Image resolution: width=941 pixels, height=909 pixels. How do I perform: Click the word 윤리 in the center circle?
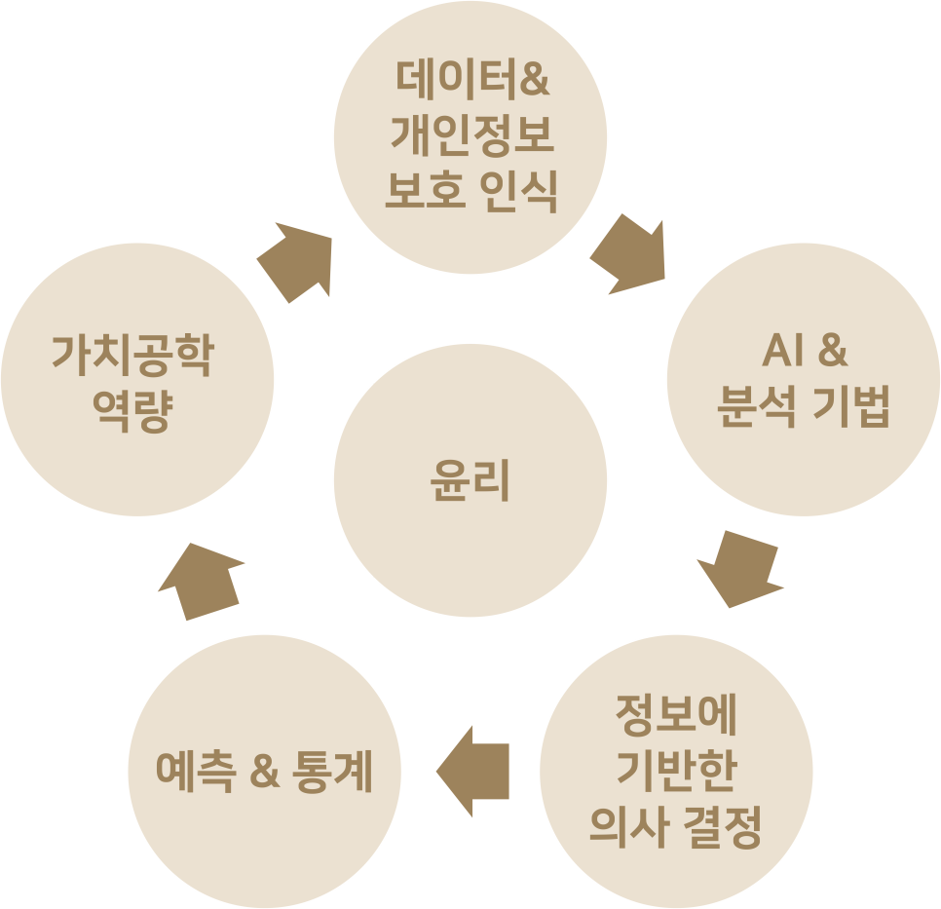pyautogui.click(x=470, y=481)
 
